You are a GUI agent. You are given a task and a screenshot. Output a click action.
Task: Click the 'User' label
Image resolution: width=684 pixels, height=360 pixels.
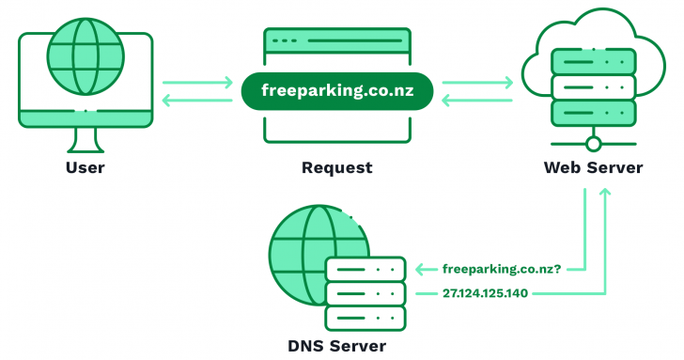pyautogui.click(x=85, y=168)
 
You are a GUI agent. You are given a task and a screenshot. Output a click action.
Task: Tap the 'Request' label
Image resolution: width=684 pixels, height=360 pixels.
pyautogui.click(x=336, y=168)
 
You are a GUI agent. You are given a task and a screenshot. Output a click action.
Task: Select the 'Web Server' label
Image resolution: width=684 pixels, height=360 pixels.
pyautogui.click(x=593, y=168)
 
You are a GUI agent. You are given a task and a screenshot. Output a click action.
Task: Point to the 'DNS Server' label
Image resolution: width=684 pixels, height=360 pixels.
pyautogui.click(x=336, y=345)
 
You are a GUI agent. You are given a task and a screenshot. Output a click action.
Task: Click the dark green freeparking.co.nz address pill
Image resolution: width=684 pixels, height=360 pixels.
pyautogui.click(x=336, y=92)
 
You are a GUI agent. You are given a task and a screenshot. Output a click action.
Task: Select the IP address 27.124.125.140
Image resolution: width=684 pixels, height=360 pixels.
pyautogui.click(x=485, y=293)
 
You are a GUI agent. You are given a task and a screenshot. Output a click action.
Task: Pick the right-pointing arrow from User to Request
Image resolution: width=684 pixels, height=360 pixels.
pyautogui.click(x=197, y=83)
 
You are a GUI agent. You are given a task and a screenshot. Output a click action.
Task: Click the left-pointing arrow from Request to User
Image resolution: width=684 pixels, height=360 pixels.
pyautogui.click(x=197, y=101)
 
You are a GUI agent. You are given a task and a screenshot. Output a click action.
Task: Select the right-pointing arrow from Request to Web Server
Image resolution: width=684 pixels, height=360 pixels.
pyautogui.click(x=477, y=83)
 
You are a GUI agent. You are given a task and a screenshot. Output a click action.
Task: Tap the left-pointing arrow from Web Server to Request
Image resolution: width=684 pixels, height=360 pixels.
pyautogui.click(x=477, y=101)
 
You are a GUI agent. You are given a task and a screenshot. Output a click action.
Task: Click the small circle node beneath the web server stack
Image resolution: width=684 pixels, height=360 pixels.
pyautogui.click(x=593, y=143)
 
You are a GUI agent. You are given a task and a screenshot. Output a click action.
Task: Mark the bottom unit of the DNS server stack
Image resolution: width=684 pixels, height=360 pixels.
pyautogui.click(x=365, y=318)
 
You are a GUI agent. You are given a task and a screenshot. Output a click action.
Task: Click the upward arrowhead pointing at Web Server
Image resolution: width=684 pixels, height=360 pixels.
pyautogui.click(x=605, y=192)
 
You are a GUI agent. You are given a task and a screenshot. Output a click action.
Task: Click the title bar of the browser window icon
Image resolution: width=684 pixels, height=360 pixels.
pyautogui.click(x=336, y=40)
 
